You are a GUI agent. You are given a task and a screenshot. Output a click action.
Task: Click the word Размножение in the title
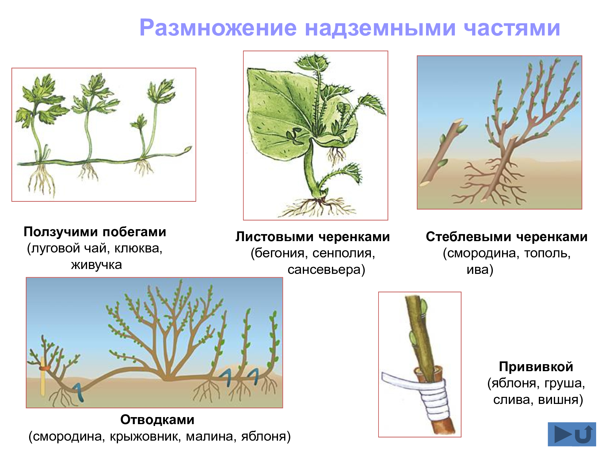(x=218, y=28)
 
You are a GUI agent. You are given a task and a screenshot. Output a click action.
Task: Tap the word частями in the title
(x=512, y=28)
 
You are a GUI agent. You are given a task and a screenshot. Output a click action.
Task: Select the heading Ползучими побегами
(x=95, y=232)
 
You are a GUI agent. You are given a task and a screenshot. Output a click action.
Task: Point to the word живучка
(x=97, y=265)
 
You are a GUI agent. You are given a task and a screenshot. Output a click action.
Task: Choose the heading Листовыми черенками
(x=313, y=237)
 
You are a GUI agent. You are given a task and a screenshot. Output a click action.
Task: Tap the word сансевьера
(x=324, y=270)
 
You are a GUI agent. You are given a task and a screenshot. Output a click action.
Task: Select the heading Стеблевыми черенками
(x=507, y=237)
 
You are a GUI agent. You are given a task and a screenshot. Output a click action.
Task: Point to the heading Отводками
(x=157, y=420)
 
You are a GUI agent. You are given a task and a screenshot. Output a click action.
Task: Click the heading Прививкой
(x=536, y=367)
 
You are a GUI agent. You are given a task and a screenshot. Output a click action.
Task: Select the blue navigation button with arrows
(x=572, y=434)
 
